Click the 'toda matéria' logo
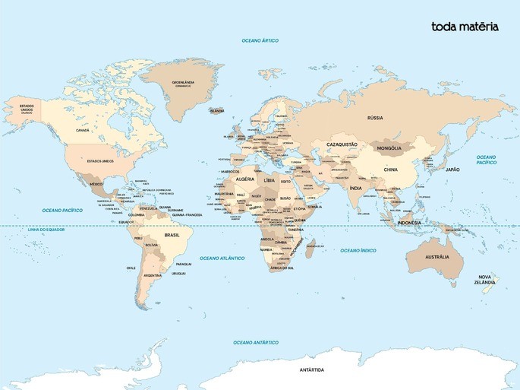tap(465, 27)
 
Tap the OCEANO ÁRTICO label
tap(260, 40)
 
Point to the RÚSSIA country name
tap(375, 118)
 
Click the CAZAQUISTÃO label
tap(342, 144)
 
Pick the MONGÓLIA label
tap(389, 148)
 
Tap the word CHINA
tap(390, 170)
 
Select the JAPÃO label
tap(452, 170)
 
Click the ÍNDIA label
tap(355, 188)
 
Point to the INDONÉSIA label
tap(408, 222)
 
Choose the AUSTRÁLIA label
tap(436, 257)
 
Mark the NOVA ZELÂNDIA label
tap(484, 279)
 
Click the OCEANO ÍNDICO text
tap(358, 250)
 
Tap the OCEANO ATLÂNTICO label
tap(222, 258)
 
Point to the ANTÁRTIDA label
tap(311, 369)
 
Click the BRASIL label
tap(172, 235)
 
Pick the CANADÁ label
tap(83, 130)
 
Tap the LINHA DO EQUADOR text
tap(47, 230)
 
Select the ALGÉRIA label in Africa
tap(245, 179)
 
